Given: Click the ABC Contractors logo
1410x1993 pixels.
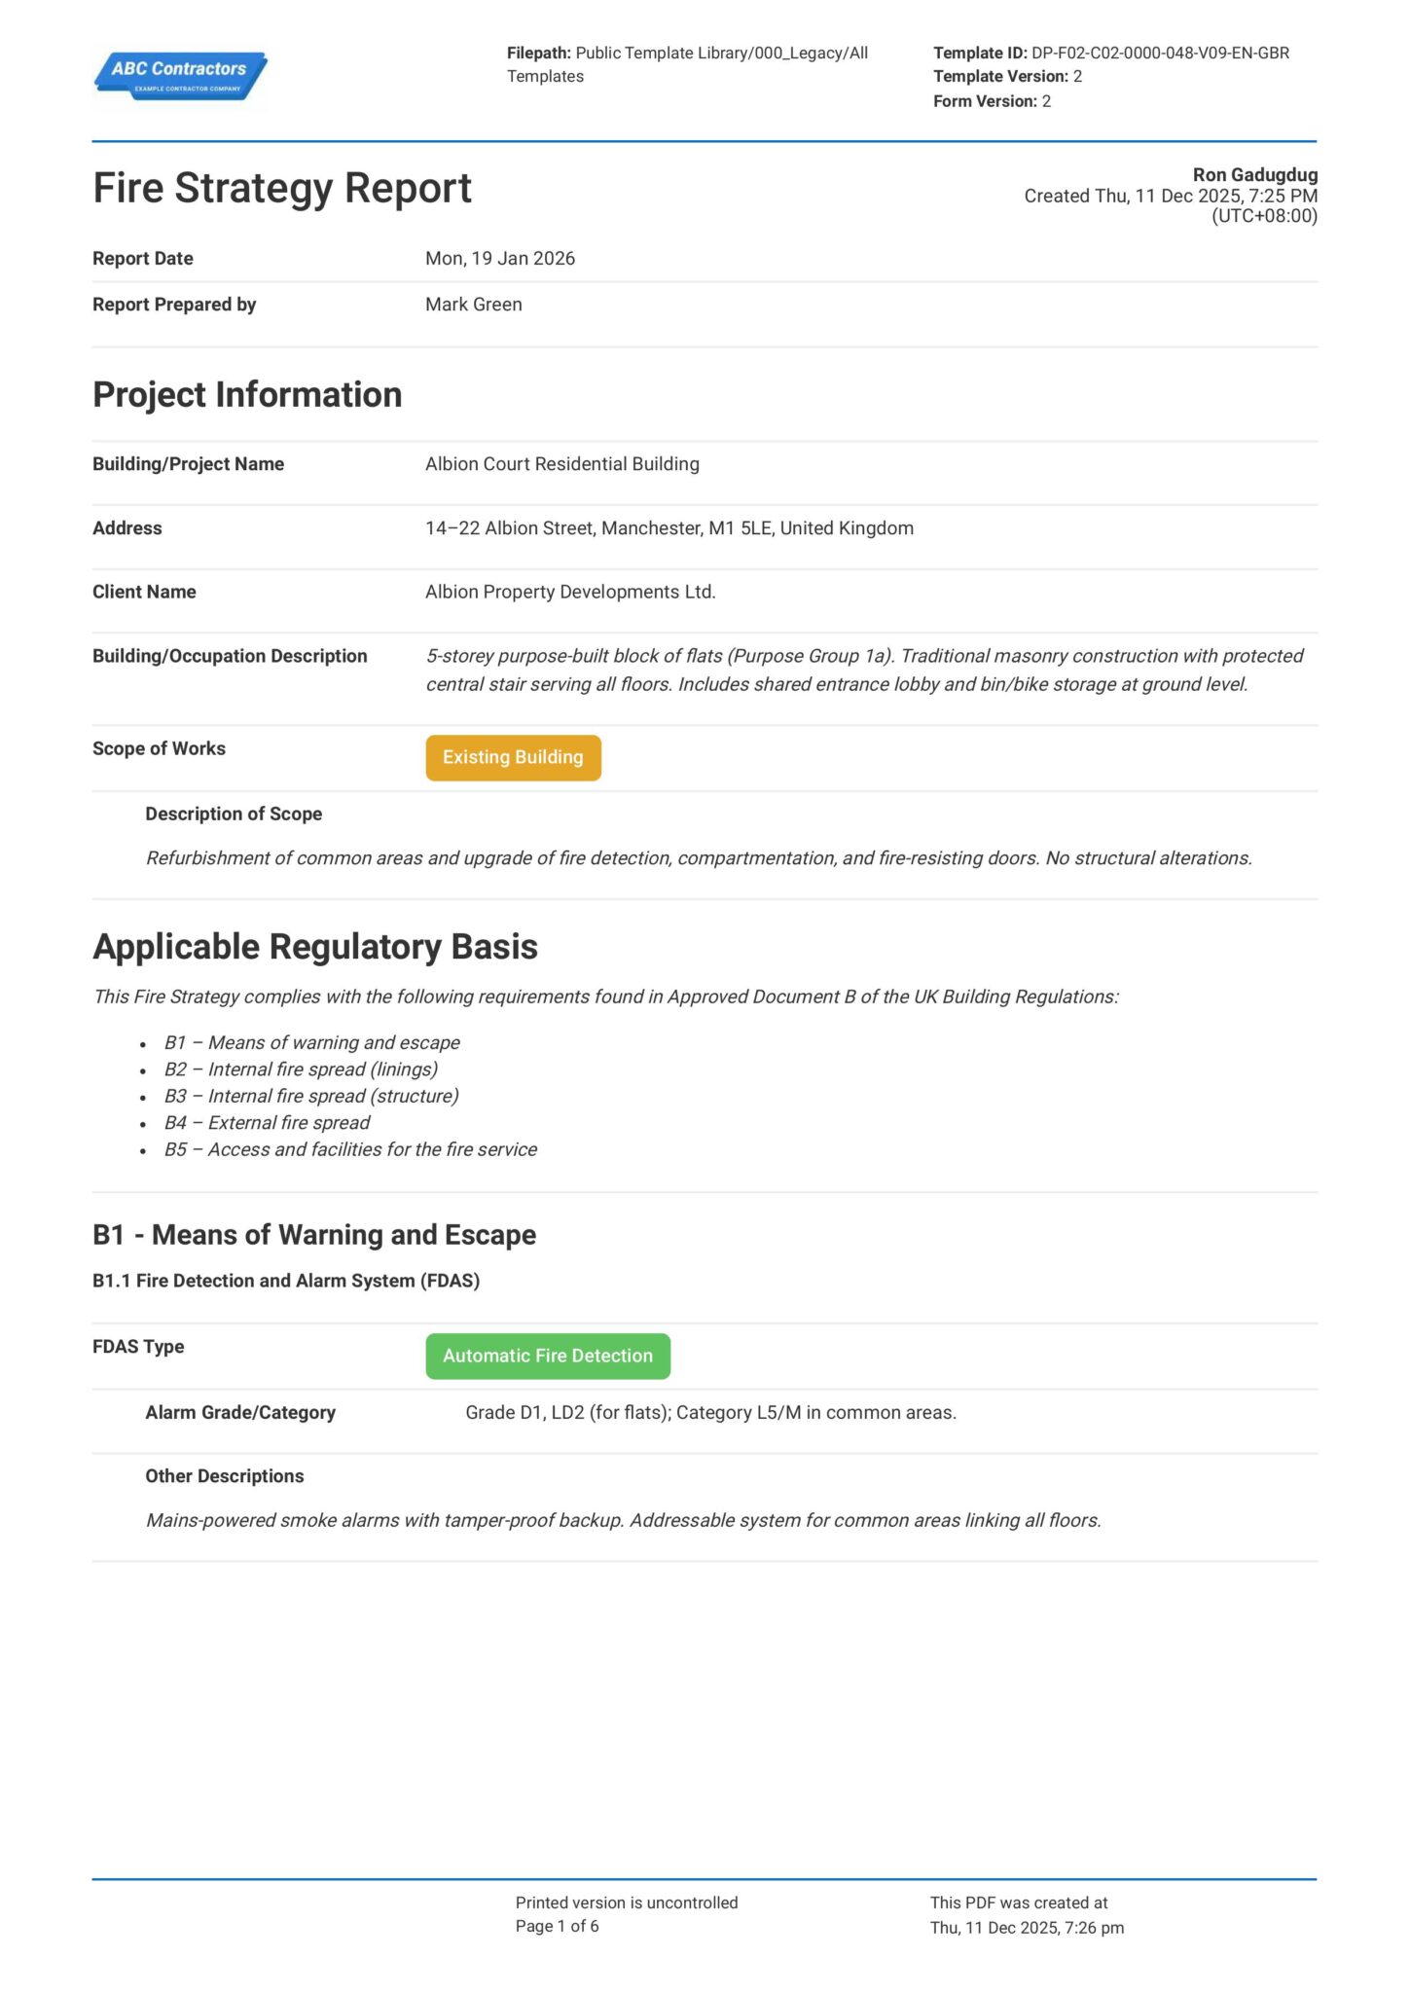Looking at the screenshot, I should click(x=180, y=75).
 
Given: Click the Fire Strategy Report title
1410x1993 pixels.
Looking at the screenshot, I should click(x=282, y=188).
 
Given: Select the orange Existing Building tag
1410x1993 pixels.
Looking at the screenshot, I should click(x=513, y=757).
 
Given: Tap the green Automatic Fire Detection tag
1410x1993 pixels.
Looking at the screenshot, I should click(x=548, y=1356).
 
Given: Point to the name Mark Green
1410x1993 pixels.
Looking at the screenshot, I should click(x=473, y=305).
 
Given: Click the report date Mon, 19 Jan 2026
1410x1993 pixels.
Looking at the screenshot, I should click(x=499, y=259).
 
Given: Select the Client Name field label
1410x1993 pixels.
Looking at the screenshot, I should click(x=144, y=592).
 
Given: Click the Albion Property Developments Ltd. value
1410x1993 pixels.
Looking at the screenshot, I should click(x=570, y=592).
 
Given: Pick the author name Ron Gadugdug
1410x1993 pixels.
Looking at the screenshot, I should click(x=1254, y=175).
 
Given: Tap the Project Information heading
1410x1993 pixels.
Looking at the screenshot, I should click(x=247, y=395).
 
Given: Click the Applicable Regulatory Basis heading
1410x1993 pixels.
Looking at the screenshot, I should click(x=315, y=947).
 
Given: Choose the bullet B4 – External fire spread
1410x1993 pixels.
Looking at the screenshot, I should click(x=267, y=1123).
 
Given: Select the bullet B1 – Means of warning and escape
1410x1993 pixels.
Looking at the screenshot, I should click(x=311, y=1043).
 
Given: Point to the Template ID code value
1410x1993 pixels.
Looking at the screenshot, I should click(x=1160, y=54).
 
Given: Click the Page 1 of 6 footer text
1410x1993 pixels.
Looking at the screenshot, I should click(x=557, y=1926).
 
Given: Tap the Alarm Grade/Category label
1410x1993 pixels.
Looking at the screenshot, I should click(x=240, y=1412).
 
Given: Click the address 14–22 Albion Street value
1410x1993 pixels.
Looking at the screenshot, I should click(x=669, y=528).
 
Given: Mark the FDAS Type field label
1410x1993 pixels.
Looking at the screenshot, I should click(x=138, y=1347).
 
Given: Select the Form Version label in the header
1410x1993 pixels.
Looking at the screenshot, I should click(x=985, y=101).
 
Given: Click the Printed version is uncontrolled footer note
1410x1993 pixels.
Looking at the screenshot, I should click(x=627, y=1902).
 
